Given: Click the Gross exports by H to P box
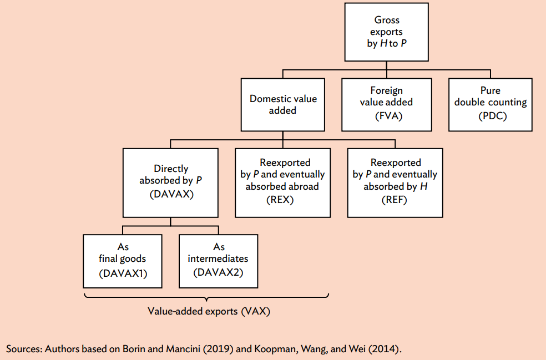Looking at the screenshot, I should point(386,32).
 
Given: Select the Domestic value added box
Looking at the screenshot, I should point(283,104).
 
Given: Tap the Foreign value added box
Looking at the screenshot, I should point(386,104).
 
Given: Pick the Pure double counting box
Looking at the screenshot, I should point(490,104).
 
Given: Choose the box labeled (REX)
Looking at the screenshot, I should point(282,182).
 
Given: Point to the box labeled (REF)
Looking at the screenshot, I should point(395,182).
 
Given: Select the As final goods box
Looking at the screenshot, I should point(122,261).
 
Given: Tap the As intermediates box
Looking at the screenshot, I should point(218,261).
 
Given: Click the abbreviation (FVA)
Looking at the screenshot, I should point(386,116).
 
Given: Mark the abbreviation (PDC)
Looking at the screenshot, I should point(490,116).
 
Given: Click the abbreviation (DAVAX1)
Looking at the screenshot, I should point(122,273).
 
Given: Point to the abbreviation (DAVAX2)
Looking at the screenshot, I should point(218,272).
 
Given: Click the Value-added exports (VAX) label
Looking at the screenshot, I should point(209,311).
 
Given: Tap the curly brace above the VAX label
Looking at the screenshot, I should point(206,298).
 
